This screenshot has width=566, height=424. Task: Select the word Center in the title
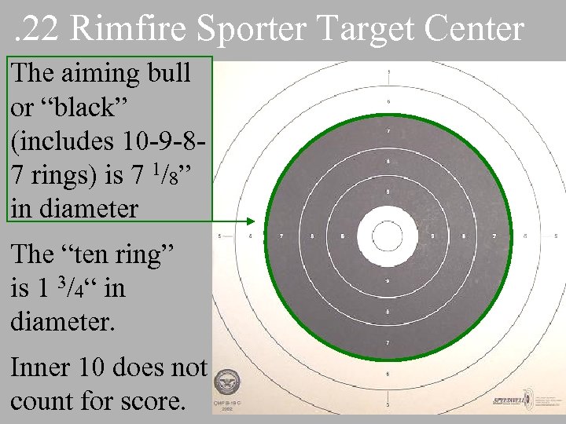tap(476, 29)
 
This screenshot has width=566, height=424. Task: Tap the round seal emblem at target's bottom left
tap(228, 384)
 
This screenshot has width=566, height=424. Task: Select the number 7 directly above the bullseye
tap(388, 131)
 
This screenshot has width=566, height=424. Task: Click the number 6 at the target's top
tap(388, 101)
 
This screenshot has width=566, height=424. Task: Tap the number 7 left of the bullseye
tap(281, 235)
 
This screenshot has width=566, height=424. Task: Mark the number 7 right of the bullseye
tap(494, 235)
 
